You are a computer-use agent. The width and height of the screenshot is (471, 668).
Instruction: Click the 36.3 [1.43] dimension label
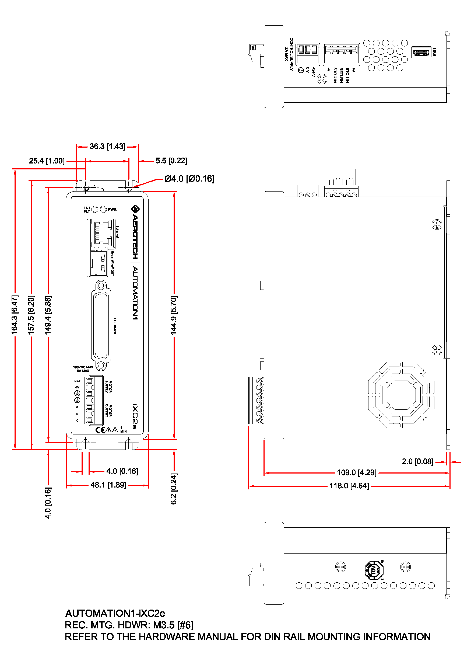click(107, 146)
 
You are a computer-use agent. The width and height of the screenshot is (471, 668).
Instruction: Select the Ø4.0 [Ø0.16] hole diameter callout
click(189, 179)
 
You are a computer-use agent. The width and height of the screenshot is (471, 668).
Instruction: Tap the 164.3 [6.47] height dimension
click(15, 315)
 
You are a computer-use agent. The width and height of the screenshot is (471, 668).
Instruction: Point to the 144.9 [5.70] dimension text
click(174, 315)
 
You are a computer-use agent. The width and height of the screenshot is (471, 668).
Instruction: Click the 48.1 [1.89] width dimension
click(108, 485)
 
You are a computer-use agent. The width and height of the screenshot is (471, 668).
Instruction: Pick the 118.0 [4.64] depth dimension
click(349, 486)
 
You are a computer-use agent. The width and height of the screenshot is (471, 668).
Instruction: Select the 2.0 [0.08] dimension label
click(417, 462)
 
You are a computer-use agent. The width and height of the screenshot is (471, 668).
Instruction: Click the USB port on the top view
click(421, 52)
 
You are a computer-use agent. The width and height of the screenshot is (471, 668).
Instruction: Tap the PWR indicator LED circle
click(103, 210)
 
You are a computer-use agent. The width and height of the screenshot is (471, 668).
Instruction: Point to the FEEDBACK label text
click(115, 326)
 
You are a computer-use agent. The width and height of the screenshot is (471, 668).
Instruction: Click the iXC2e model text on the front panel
click(135, 416)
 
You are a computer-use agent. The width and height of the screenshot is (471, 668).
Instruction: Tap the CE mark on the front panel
click(100, 430)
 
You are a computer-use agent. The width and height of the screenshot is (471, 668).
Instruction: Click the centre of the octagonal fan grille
click(401, 395)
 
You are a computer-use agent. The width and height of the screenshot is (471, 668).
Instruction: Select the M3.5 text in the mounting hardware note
click(164, 625)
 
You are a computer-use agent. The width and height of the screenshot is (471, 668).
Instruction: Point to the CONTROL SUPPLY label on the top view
click(291, 54)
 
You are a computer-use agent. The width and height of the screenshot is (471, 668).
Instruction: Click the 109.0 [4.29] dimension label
click(356, 472)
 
